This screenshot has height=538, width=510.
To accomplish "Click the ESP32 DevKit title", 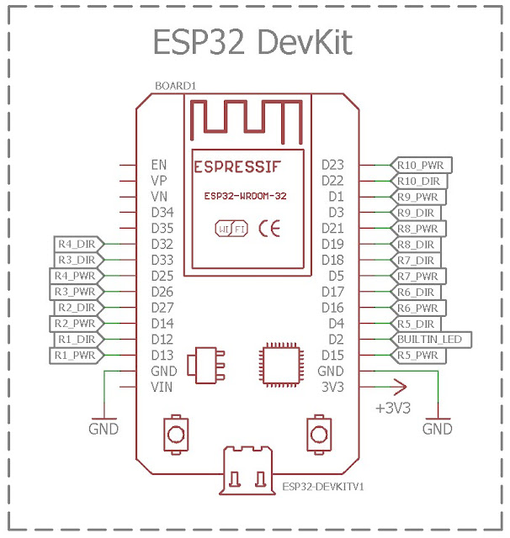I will point(252,41).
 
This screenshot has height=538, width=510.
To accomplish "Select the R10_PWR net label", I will point(420,165).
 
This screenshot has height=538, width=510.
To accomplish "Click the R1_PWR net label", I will point(76,356).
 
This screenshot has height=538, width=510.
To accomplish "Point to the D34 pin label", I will point(162,212).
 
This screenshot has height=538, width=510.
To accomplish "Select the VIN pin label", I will point(162,388).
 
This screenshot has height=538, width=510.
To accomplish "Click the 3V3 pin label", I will point(332,388).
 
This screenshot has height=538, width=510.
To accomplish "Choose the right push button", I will point(318,433).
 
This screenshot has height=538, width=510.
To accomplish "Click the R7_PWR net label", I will point(418,276).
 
